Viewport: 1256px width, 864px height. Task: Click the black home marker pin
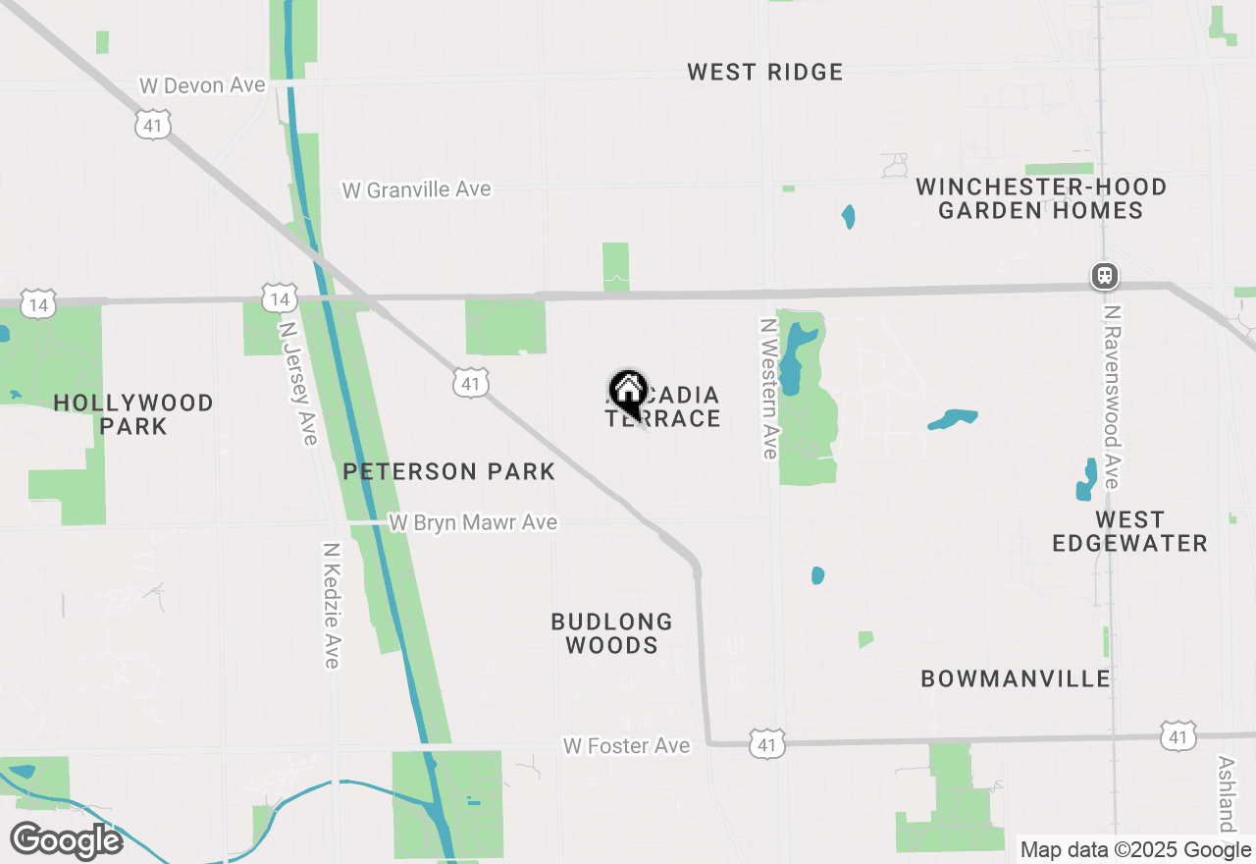coord(628,392)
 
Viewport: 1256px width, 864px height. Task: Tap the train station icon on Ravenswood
coord(1105,276)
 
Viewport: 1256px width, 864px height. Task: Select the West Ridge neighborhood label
coord(764,72)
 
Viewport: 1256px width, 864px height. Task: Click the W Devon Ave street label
coord(202,85)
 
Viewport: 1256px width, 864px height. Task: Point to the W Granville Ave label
coord(416,189)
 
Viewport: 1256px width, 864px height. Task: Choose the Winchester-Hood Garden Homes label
coord(1040,198)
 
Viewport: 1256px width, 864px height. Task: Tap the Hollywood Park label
coord(133,414)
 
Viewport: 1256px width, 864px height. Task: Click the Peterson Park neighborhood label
coord(448,472)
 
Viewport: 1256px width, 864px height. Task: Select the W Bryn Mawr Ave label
coord(473,523)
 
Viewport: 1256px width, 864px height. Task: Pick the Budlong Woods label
coord(611,633)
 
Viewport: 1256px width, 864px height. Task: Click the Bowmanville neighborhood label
coord(1016,678)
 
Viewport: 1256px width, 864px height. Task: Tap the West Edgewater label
coord(1129,531)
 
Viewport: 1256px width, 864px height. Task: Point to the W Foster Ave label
coord(626,747)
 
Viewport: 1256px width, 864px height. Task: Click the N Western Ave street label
coord(769,388)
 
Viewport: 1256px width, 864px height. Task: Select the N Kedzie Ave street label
coord(332,606)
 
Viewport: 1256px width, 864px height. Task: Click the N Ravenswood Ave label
coord(1111,397)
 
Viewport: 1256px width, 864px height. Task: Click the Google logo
coord(66,840)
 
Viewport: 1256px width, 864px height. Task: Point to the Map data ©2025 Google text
coord(1135,850)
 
